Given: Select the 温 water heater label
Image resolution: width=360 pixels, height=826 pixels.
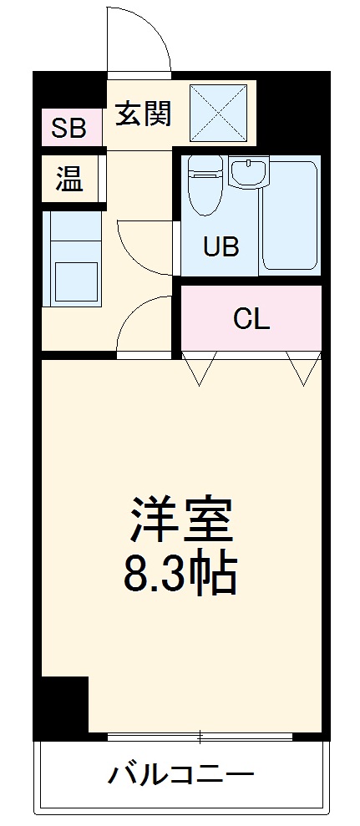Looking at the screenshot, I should (x=68, y=179).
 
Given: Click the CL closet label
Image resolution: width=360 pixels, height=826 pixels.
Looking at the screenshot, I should (x=251, y=318).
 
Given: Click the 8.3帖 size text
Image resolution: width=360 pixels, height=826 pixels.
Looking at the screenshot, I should (x=180, y=575).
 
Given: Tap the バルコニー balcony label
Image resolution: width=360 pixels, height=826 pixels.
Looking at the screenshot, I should (x=180, y=774).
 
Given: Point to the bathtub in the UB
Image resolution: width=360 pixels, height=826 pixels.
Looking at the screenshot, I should (x=290, y=216).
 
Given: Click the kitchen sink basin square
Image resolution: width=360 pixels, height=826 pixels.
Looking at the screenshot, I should (x=76, y=282).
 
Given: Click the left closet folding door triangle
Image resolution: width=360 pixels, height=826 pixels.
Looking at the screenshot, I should (x=200, y=368).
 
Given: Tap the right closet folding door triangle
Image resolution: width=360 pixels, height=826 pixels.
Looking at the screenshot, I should (x=302, y=368).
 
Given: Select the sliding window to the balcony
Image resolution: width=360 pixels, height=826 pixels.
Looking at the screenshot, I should (x=200, y=737).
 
